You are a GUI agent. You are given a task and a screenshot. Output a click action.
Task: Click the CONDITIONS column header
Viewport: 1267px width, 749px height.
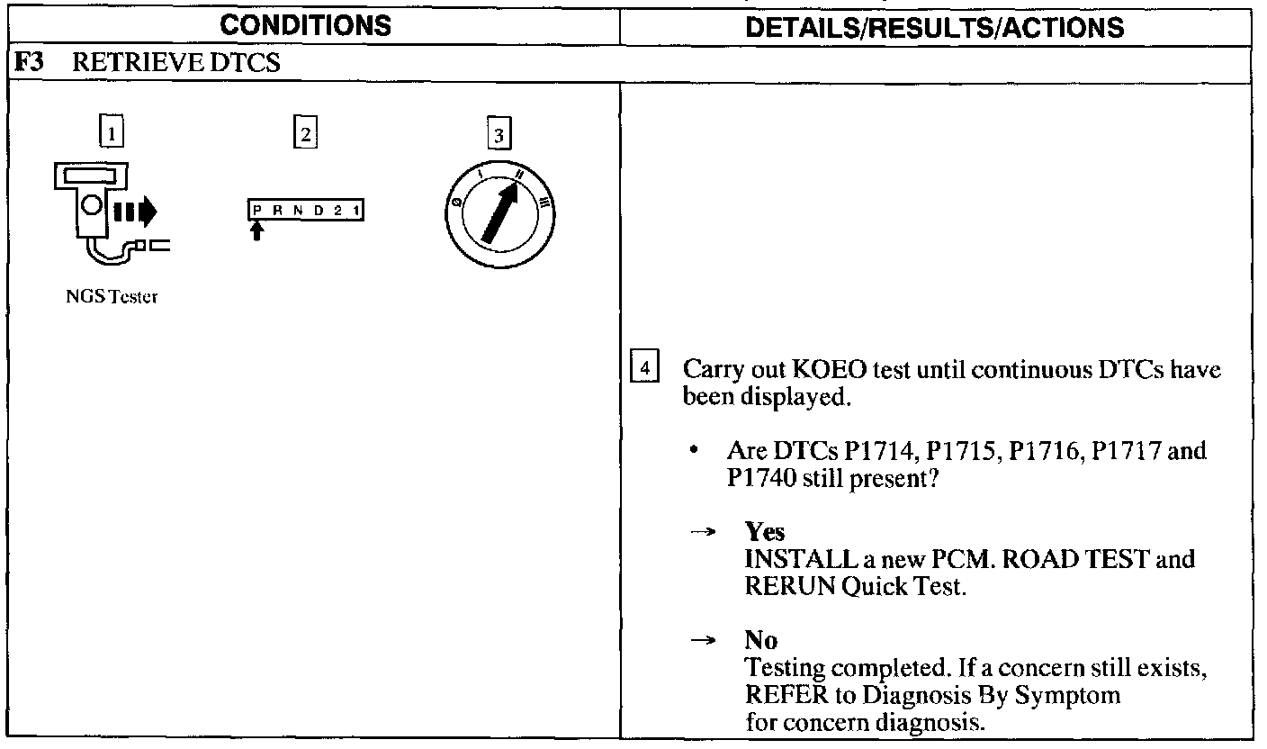pos(306,26)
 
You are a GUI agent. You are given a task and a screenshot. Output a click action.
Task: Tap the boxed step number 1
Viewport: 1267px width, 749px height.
pos(111,134)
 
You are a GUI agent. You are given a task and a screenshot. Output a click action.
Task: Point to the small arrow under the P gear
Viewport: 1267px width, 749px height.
pos(258,232)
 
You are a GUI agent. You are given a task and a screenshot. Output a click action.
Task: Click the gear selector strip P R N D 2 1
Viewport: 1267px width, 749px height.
pos(306,212)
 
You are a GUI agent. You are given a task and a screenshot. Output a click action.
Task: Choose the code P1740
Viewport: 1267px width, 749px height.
pos(760,479)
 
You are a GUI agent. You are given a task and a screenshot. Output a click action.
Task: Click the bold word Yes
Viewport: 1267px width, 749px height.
pos(764,532)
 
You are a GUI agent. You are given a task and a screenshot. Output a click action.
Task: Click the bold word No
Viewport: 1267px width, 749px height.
pos(760,640)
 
